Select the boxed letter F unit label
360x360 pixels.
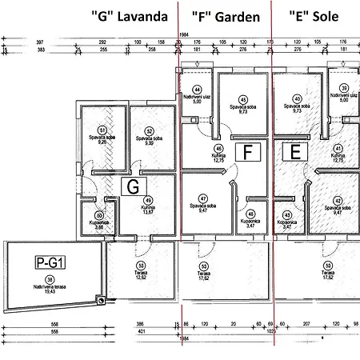[249, 150]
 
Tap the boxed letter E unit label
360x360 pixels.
[294, 150]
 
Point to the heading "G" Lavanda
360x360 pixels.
[138, 17]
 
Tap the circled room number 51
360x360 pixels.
[102, 130]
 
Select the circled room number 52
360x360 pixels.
[148, 130]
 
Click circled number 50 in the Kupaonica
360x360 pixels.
[99, 215]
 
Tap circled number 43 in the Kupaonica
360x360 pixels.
[287, 214]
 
